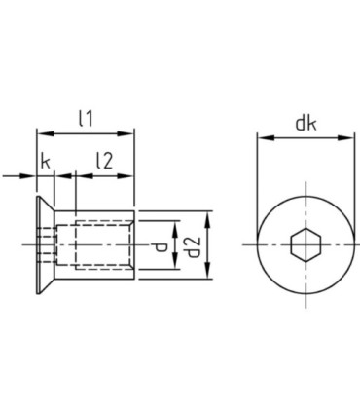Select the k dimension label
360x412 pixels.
(x=46, y=162)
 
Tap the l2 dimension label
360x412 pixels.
(x=104, y=161)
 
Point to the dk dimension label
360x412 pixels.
(x=306, y=124)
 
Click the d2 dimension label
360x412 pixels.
(x=195, y=245)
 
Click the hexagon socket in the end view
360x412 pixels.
(x=306, y=244)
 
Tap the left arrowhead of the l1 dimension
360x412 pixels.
(x=45, y=133)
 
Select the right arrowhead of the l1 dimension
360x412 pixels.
(x=126, y=133)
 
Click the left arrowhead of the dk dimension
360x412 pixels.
(x=267, y=138)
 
